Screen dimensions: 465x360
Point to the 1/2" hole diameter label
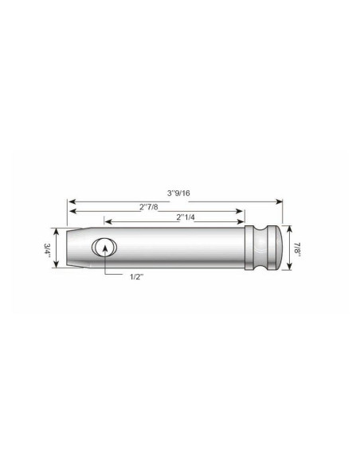(x=138, y=276)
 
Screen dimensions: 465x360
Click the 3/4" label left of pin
(x=48, y=248)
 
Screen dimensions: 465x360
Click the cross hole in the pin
(x=104, y=248)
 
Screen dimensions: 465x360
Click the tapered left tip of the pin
(x=72, y=248)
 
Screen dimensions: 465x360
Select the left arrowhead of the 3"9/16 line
(x=69, y=201)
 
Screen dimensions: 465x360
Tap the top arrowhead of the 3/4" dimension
(x=57, y=232)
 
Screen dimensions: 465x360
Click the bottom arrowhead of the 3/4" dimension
(x=57, y=264)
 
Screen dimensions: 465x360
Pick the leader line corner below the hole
(x=104, y=275)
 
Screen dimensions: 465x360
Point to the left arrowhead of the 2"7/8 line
(x=69, y=213)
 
